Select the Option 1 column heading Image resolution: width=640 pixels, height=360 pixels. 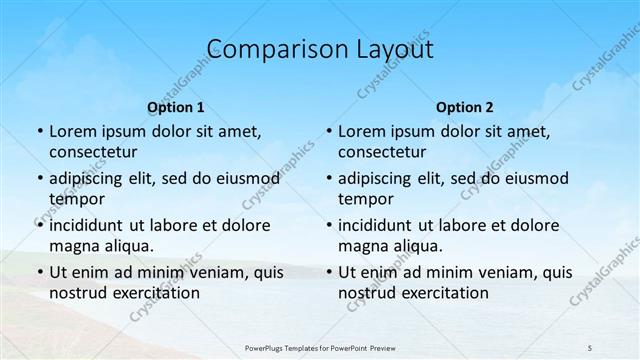[x=175, y=107]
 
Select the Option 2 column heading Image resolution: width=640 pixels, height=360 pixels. [x=464, y=107]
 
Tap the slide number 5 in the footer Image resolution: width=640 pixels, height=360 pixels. [x=590, y=346]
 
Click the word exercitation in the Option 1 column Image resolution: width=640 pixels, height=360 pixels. [x=154, y=293]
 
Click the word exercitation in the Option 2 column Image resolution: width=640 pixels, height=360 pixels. [x=443, y=293]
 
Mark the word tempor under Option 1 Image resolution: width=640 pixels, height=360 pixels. [x=75, y=198]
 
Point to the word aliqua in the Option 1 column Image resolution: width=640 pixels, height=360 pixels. [x=127, y=246]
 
